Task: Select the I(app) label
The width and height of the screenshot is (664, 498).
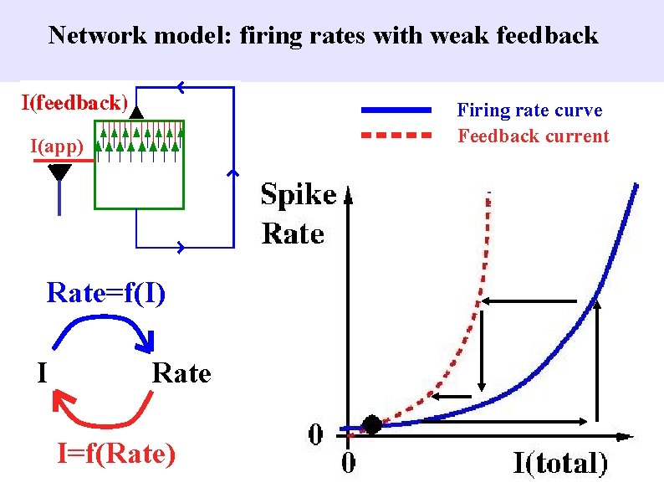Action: (56, 147)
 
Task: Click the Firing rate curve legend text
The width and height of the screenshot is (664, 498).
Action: (529, 110)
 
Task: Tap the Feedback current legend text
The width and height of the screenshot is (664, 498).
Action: (534, 136)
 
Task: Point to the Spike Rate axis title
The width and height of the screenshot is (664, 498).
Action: (298, 213)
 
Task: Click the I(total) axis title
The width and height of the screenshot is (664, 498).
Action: (560, 463)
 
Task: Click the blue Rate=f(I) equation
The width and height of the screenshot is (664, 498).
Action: (106, 293)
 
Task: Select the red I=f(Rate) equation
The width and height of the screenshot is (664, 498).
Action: (116, 454)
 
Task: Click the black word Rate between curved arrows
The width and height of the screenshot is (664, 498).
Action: (181, 372)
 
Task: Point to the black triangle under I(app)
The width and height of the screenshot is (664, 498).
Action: (59, 173)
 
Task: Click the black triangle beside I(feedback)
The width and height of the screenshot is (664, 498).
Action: (137, 109)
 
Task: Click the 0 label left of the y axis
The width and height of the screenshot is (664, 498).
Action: (316, 434)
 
